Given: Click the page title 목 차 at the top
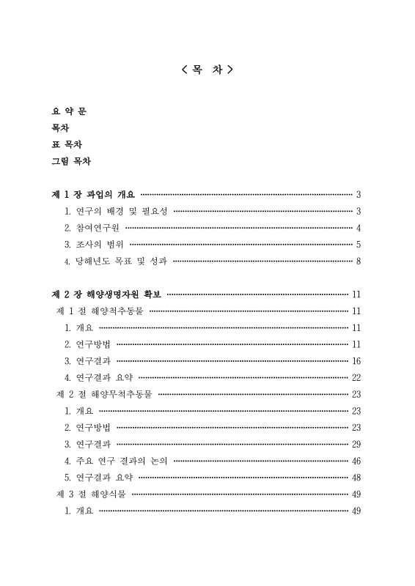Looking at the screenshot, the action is [207, 70].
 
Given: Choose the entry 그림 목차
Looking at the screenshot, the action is [71, 161].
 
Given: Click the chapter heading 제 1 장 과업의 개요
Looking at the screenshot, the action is [93, 195].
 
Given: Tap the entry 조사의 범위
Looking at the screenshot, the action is [95, 245].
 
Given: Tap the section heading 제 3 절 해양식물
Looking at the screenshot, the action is [91, 494].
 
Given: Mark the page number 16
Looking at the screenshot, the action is [356, 360].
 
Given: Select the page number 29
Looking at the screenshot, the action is [356, 444].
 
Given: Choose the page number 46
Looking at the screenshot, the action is [356, 461].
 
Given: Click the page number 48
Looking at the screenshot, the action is [356, 478].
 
